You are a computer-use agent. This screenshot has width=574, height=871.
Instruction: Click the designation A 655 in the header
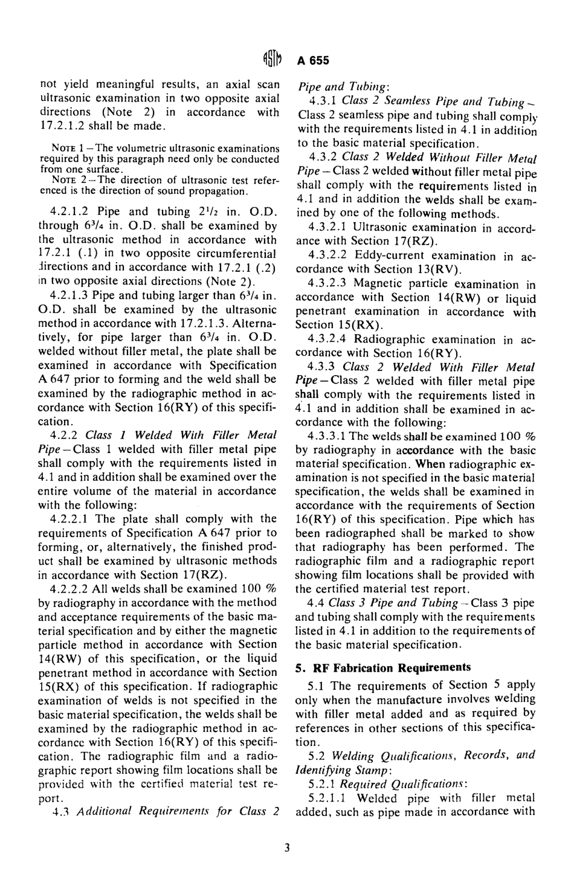tap(312, 60)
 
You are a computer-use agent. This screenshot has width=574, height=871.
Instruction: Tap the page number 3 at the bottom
tap(287, 847)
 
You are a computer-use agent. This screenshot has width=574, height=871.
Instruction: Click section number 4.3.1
tap(323, 101)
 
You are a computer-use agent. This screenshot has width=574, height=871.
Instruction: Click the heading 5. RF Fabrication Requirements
tap(383, 667)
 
